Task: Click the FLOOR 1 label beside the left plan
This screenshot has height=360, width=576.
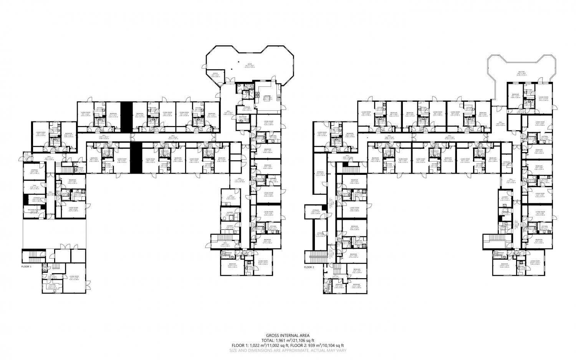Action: point(26,266)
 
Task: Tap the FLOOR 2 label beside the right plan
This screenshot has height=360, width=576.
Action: point(309,267)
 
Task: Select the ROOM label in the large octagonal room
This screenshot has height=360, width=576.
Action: point(249,64)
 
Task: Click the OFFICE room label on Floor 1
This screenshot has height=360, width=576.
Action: point(215,73)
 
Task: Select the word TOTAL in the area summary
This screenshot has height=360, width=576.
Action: point(268,340)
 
